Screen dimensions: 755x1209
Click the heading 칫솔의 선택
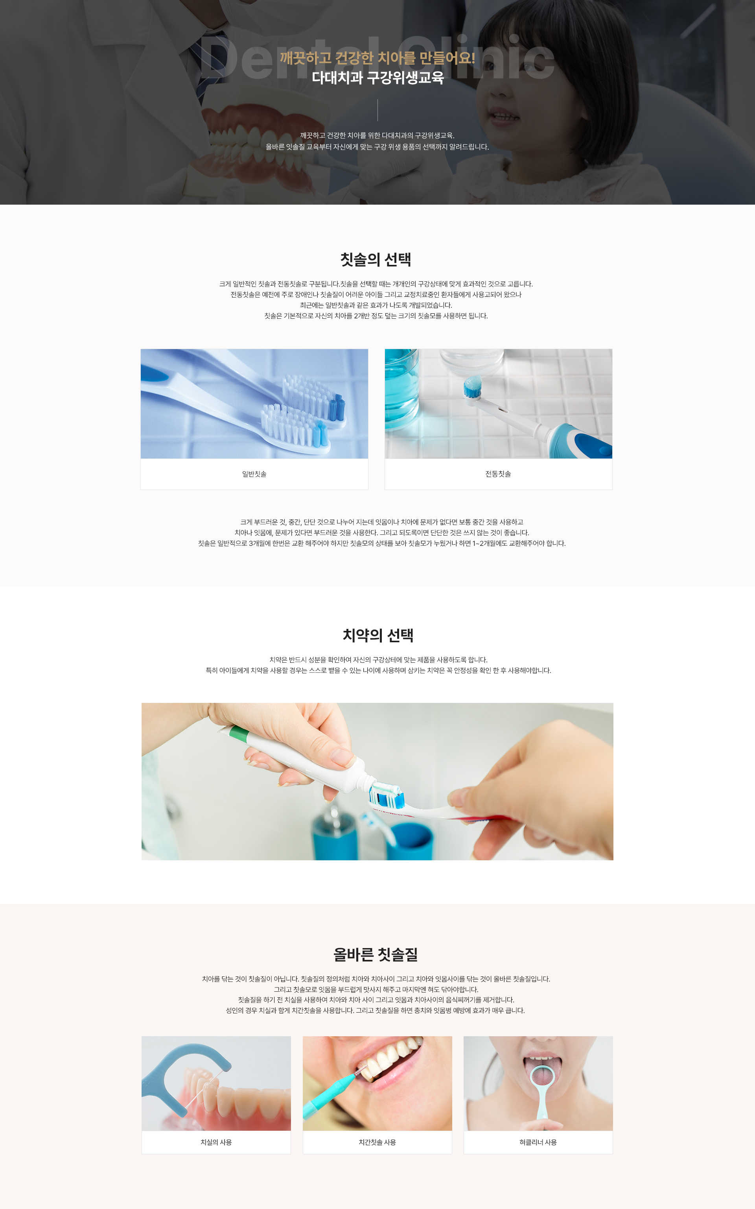click(x=376, y=259)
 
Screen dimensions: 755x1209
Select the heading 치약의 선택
click(x=377, y=635)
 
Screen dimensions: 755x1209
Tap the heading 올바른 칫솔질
click(x=376, y=954)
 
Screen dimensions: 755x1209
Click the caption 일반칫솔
click(x=254, y=473)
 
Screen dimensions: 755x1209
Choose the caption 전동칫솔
click(x=498, y=473)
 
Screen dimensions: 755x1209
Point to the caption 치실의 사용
click(x=216, y=1142)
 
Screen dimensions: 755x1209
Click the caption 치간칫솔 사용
click(x=377, y=1142)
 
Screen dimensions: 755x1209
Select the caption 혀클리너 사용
click(x=538, y=1142)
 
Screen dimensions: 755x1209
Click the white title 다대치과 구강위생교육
click(x=377, y=78)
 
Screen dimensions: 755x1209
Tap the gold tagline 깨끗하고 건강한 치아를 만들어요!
click(x=377, y=58)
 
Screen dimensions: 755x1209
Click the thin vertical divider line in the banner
click(x=377, y=110)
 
